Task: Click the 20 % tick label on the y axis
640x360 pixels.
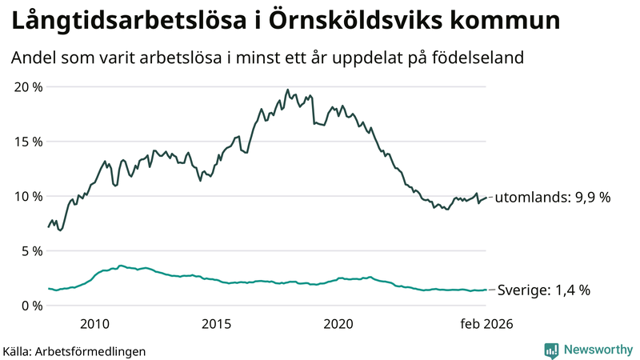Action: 26,86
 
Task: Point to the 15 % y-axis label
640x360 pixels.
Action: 26,142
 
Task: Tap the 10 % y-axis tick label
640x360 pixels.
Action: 26,196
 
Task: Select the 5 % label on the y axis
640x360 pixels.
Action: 30,250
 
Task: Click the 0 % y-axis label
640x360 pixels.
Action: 30,306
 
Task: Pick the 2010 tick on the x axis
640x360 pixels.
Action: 94,324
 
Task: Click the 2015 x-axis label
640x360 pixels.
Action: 216,324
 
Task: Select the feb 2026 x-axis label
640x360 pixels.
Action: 486,324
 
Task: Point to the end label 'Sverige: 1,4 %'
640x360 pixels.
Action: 544,290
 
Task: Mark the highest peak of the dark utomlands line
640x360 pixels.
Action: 287,90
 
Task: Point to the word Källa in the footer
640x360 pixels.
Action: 16,350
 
